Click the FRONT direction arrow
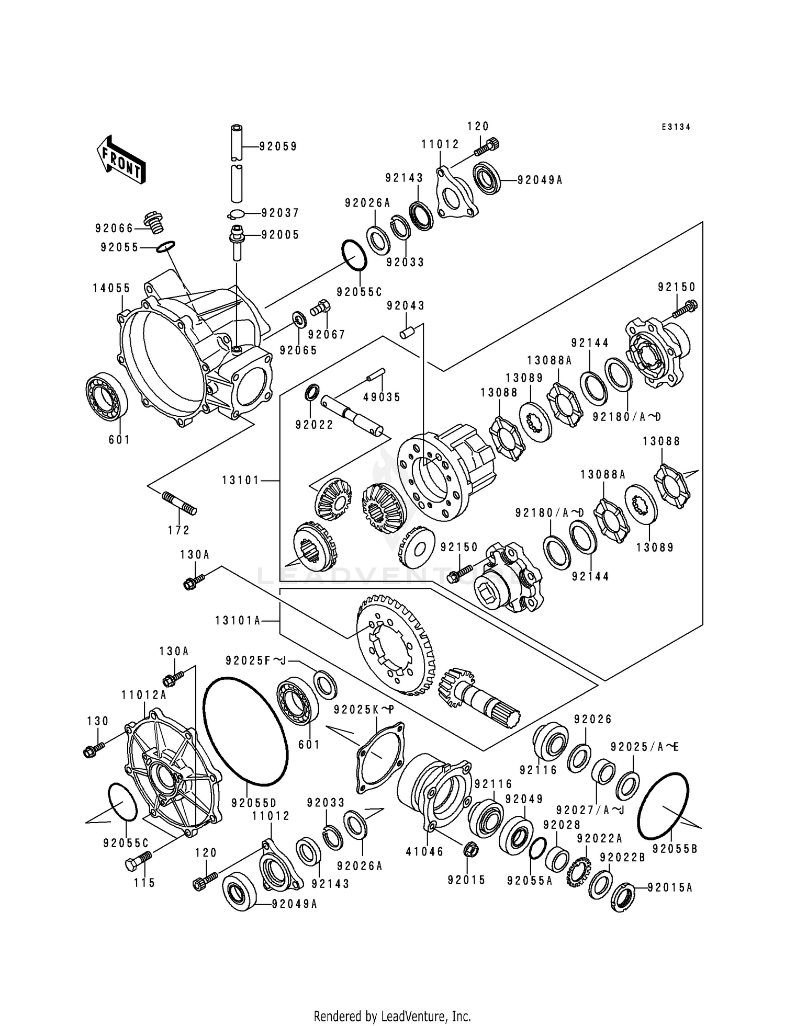120,160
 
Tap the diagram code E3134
675,127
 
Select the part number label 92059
278,147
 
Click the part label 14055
111,288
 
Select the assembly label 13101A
237,621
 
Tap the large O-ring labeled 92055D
245,732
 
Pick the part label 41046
424,851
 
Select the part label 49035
382,397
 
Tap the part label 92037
280,213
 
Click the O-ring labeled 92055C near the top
354,256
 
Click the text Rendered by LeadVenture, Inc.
392,1017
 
